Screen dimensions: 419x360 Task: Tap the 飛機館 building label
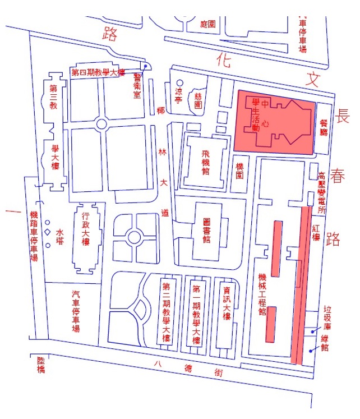[206, 159]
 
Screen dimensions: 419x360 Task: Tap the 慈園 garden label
[197, 101]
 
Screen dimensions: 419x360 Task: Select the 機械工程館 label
[261, 295]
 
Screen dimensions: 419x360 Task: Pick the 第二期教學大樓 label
[166, 314]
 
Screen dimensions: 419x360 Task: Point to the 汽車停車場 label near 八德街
[76, 311]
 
